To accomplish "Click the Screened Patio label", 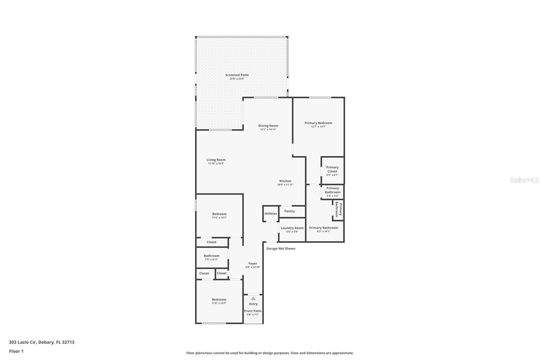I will pos(237,75).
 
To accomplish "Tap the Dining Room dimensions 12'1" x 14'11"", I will pos(268,129).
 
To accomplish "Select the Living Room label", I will pos(216,160).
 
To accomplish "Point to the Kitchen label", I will pos(285,181).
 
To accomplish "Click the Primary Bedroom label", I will pos(318,123).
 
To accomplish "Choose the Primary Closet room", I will pos(332,171).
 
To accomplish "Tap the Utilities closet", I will pos(271,213).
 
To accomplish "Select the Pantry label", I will pos(290,211).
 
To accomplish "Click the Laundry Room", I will pos(292,229).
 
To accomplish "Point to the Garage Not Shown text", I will pos(281,249).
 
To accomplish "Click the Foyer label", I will pos(253,263).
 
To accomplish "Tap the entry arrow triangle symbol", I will pos(253,299).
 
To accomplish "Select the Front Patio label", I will pos(253,311).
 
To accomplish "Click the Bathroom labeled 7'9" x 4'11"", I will pos(212,257).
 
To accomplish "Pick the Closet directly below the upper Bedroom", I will pos(212,242).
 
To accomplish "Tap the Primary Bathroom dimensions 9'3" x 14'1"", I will pos(323,231).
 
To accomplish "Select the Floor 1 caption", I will pos(16,351).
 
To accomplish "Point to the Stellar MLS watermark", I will pos(524,180).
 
